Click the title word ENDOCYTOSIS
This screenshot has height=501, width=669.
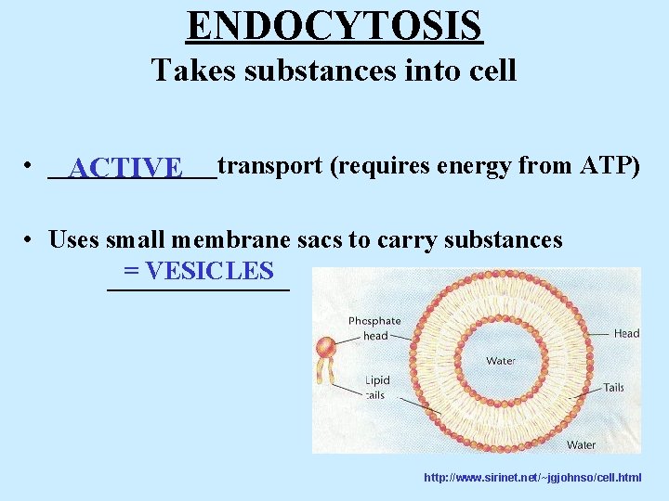tap(334, 26)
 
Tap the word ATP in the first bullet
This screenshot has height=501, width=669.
tap(609, 166)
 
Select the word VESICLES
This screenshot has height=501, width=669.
tap(210, 271)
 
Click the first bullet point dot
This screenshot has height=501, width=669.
tap(31, 167)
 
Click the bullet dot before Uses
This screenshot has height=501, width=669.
tap(31, 239)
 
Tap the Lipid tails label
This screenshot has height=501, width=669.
tap(375, 388)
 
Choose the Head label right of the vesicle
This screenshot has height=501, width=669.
tap(626, 334)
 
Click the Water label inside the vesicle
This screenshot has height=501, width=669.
tap(501, 360)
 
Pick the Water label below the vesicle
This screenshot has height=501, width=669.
tap(581, 445)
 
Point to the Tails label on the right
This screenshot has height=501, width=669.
tap(613, 388)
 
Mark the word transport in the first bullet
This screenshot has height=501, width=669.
tap(270, 166)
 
